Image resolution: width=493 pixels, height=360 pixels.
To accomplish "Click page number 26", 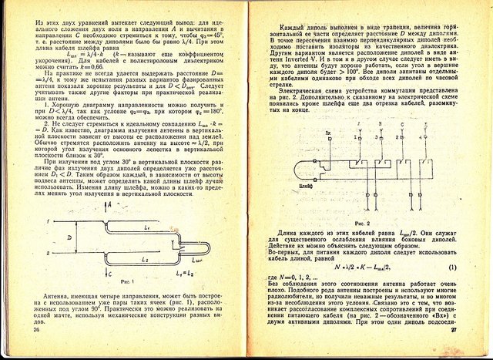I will tap(36, 330).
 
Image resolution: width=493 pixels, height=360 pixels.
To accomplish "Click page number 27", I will tap(454, 330).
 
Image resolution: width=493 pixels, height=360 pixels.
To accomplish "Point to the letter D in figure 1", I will tap(69, 239).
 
